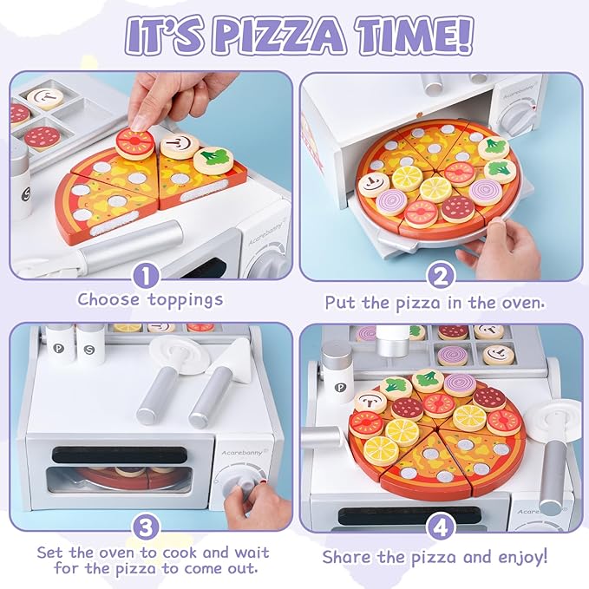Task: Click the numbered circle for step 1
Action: point(147,276)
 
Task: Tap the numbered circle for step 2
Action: point(440,276)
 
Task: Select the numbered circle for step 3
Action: point(147,526)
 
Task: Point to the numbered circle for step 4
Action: point(440,526)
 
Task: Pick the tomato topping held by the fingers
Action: point(134,142)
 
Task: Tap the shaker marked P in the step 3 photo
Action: point(58,345)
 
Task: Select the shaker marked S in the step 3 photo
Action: point(89,345)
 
